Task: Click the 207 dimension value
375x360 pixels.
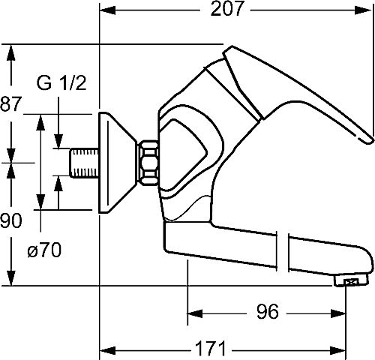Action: (226, 9)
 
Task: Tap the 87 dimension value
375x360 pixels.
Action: (10, 104)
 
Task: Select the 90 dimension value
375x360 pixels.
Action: (10, 220)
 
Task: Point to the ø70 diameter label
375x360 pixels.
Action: (44, 250)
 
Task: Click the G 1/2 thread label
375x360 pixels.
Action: (61, 83)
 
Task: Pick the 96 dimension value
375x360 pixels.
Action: (267, 311)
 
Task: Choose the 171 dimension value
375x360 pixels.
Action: (210, 348)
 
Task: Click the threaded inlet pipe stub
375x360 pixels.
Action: (84, 163)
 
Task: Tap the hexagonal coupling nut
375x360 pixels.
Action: (148, 163)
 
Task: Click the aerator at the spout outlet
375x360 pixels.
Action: (351, 281)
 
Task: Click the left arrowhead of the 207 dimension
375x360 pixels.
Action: (107, 10)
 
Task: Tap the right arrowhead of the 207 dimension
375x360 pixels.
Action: (363, 10)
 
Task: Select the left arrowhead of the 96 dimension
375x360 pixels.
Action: (195, 313)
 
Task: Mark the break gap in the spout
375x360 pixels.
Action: (283, 252)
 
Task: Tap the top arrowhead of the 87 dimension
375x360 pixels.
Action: (10, 52)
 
